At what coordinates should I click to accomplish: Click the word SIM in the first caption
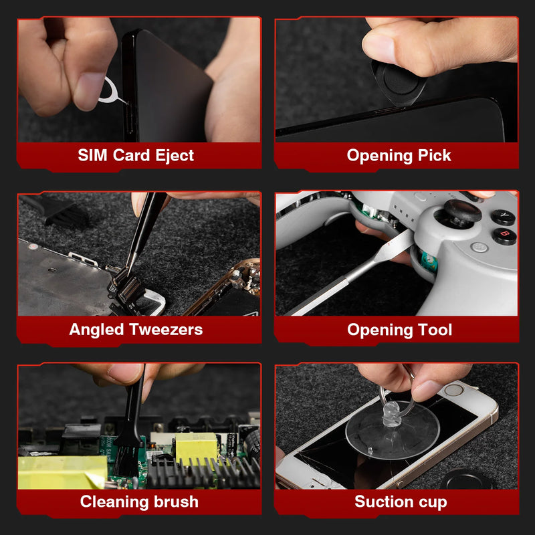click(x=92, y=156)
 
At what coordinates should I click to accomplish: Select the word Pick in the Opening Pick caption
click(x=434, y=156)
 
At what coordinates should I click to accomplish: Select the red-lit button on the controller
click(x=504, y=236)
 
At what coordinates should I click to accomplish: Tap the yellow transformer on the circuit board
click(x=195, y=447)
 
